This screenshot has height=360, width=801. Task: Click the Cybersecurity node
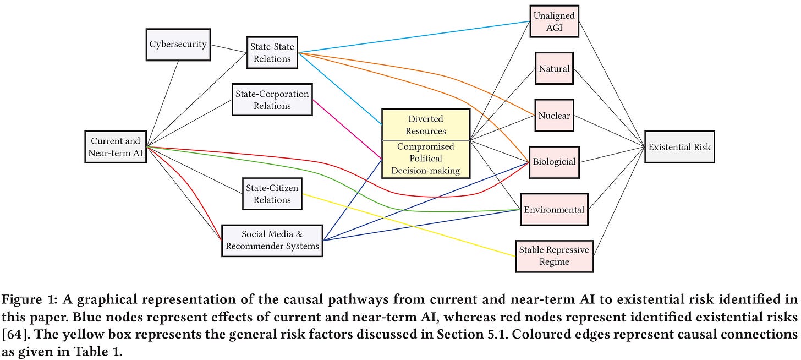coord(178,43)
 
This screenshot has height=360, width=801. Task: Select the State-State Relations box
coord(272,53)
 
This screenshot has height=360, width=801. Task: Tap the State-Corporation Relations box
coord(272,100)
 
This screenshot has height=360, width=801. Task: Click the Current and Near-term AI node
coord(116,147)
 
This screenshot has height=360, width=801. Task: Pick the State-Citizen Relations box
coord(272,194)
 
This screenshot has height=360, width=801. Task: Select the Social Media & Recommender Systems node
coord(272,240)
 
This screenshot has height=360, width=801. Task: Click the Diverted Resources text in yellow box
coord(425,125)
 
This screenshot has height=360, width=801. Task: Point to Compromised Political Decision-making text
coord(425,159)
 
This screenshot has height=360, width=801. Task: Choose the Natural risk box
coord(554,69)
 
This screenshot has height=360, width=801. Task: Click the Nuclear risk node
coord(554,116)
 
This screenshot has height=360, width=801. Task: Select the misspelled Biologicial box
coord(554,162)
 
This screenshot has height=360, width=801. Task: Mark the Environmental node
coord(553,209)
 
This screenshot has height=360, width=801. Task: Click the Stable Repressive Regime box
coord(553,256)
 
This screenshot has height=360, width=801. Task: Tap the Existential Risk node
coord(679,147)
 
